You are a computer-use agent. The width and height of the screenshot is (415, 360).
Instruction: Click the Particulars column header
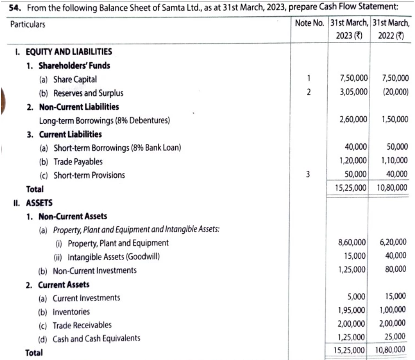[27, 25]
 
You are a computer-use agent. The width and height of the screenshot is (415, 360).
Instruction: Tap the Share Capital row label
[75, 80]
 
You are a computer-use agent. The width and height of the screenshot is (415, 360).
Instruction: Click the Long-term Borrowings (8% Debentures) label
[104, 120]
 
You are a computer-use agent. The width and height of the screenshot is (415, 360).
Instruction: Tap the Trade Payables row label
[78, 162]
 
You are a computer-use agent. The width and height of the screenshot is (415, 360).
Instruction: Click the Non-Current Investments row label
[94, 270]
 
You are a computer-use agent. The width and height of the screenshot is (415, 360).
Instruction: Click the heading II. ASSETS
[28, 203]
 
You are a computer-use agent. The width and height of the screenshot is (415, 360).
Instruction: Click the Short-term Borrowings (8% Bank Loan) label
[117, 148]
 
